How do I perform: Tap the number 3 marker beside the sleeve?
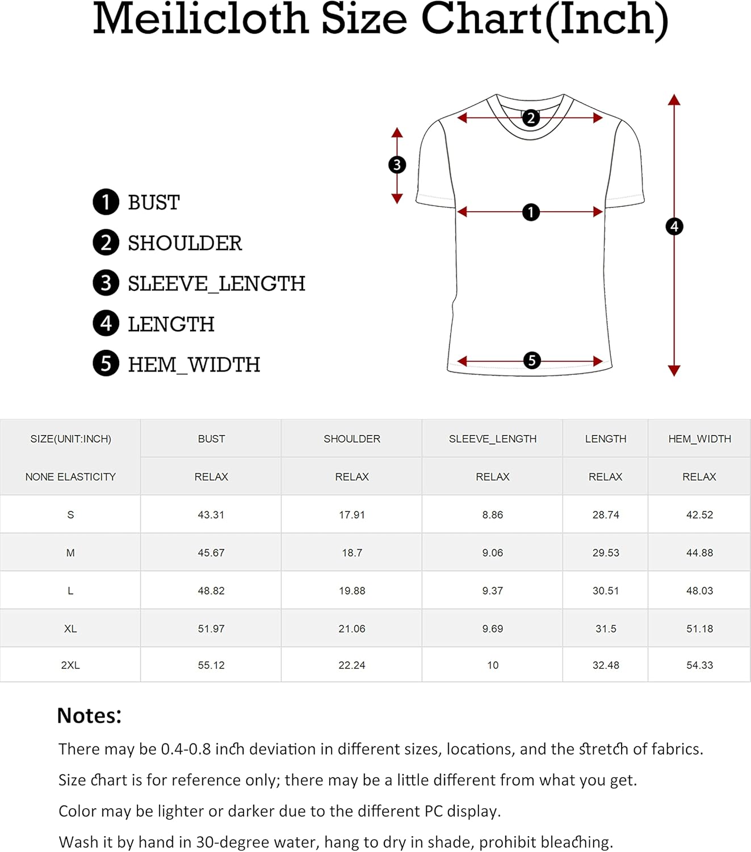tap(397, 165)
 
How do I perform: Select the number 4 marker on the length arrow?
tap(674, 227)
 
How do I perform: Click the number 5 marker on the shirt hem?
tap(532, 361)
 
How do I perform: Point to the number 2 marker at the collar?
tap(531, 118)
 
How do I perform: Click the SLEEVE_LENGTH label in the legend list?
tap(216, 284)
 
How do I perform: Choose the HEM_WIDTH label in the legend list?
tap(194, 365)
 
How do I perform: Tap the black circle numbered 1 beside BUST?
tap(106, 202)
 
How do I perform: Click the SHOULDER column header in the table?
tap(352, 439)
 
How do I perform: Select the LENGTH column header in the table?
tap(606, 439)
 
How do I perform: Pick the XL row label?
tap(70, 629)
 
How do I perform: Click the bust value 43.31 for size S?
tap(211, 515)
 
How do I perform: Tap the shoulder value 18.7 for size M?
tap(352, 553)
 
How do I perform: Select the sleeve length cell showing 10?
tap(493, 665)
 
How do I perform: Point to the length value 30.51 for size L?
tap(606, 591)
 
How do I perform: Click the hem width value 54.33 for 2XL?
tap(699, 665)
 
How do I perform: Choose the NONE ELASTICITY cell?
tap(70, 477)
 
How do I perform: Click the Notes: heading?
tap(89, 716)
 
